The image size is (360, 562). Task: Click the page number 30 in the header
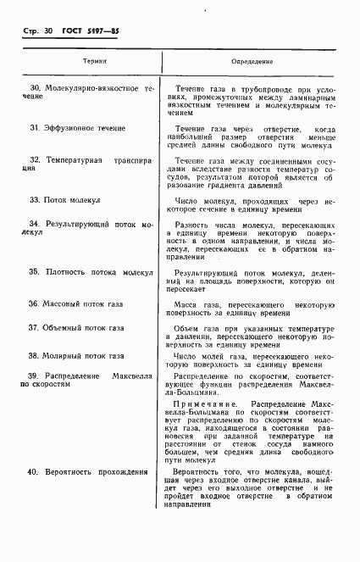tap(47, 31)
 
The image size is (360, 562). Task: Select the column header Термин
tap(95, 62)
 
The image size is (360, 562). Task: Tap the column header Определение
tap(252, 62)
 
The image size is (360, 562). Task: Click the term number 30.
tap(36, 88)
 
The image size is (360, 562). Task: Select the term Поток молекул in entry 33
tap(72, 200)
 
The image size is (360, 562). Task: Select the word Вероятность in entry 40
tap(71, 470)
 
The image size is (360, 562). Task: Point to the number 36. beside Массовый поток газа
tap(35, 303)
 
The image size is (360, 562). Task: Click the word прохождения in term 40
tap(125, 470)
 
